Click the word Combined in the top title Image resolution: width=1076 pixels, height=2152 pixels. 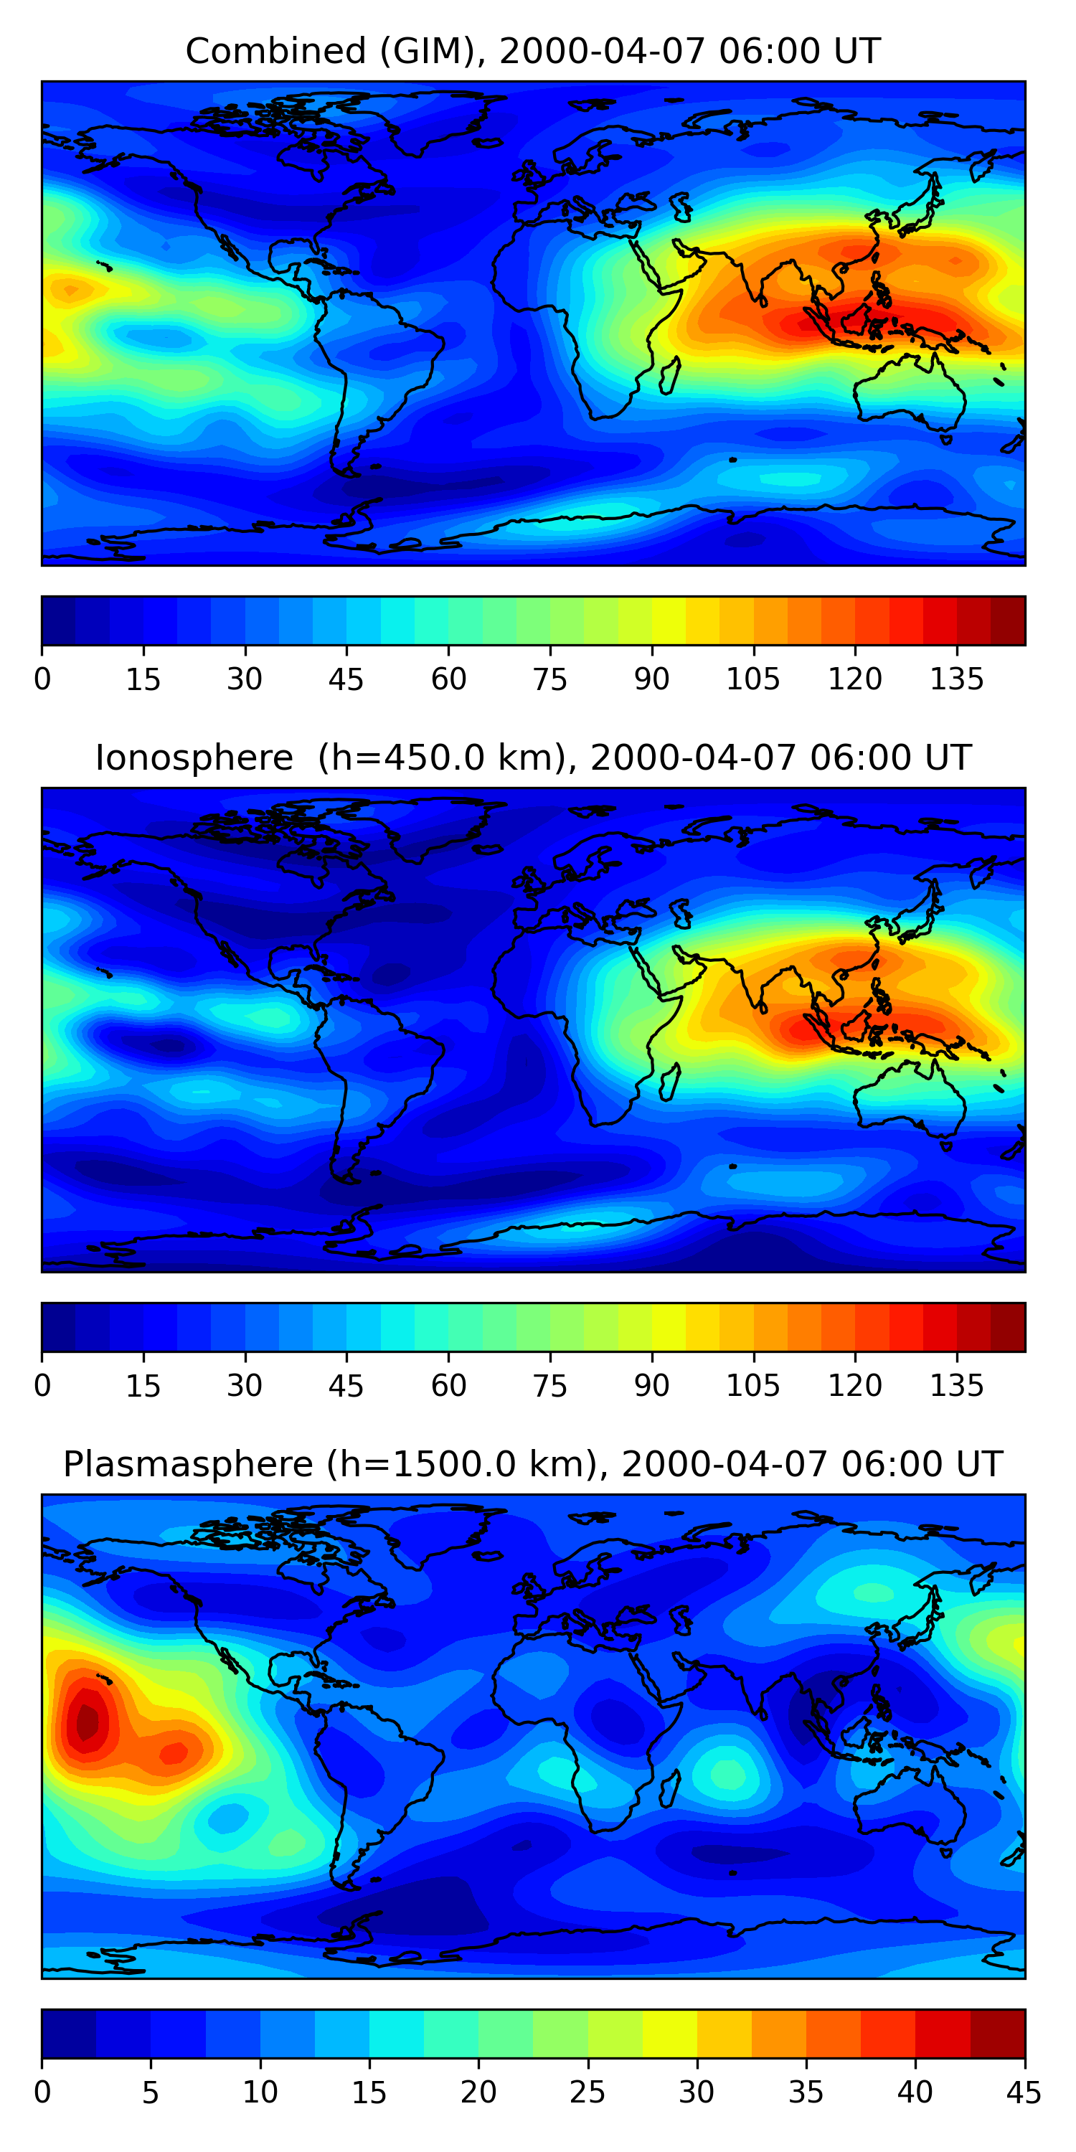click(275, 52)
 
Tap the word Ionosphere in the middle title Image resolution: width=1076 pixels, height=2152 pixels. click(194, 758)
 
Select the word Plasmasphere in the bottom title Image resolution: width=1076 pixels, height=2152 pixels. click(188, 1465)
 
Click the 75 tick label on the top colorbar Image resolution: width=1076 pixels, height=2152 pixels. click(549, 679)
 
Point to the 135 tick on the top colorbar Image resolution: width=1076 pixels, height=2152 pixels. click(956, 679)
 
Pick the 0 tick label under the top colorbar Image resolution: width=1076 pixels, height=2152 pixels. click(42, 679)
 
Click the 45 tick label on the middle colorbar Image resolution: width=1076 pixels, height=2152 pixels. click(346, 1386)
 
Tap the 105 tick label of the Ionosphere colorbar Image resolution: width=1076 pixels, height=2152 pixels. click(752, 1386)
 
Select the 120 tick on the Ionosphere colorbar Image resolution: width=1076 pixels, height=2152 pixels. click(854, 1386)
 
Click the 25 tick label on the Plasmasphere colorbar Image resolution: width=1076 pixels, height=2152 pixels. click(587, 2092)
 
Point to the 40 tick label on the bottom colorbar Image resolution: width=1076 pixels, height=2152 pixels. click(915, 2092)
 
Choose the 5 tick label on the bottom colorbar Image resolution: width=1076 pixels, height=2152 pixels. click(151, 2092)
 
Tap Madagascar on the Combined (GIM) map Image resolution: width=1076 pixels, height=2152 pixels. click(669, 377)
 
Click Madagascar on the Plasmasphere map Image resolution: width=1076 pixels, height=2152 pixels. click(669, 1790)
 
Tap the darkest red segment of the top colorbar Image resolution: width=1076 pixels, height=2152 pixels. click(1008, 620)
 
